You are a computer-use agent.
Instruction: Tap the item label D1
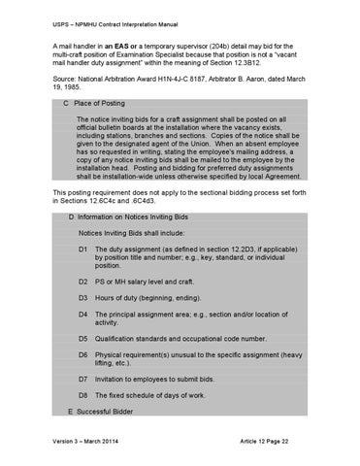coord(85,250)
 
